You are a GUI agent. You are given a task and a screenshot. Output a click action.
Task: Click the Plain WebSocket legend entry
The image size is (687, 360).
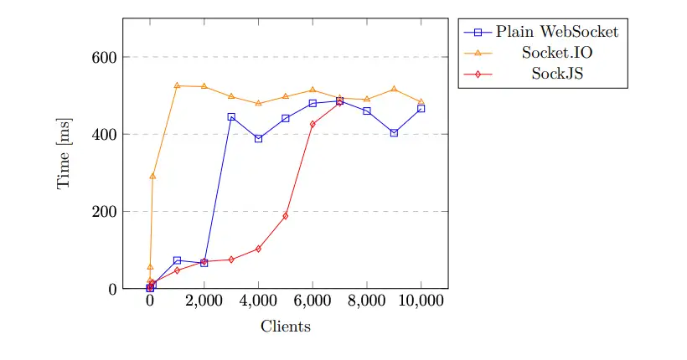tap(557, 32)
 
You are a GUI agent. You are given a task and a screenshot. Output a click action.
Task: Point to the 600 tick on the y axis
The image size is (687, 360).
tap(104, 57)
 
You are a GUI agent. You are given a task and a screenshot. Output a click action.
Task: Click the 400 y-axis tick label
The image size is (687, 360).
tap(104, 134)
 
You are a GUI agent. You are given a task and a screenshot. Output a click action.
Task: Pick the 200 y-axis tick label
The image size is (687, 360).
tap(104, 212)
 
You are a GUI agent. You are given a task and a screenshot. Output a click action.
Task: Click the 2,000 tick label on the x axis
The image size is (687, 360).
tap(204, 304)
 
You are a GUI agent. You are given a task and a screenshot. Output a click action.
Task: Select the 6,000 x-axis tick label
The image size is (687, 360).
tap(313, 304)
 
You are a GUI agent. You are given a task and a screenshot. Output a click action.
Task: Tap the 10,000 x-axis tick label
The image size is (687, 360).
tap(421, 304)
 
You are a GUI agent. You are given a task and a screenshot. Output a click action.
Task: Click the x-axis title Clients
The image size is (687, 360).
tap(286, 327)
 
